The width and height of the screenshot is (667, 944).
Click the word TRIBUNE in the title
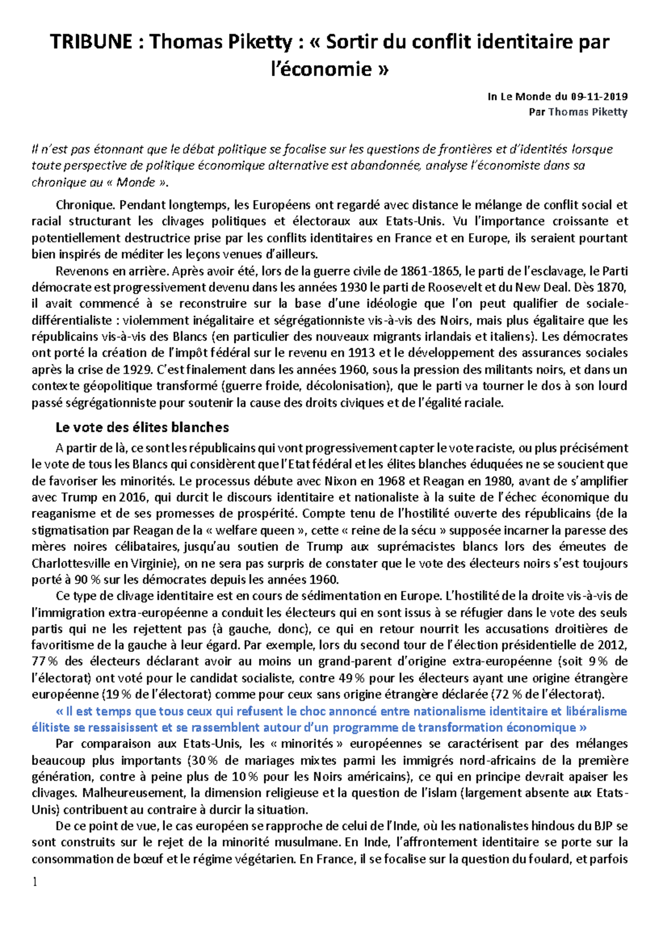click(x=91, y=42)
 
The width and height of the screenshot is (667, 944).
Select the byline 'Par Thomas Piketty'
click(x=578, y=112)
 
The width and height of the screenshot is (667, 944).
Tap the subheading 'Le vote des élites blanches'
click(x=142, y=427)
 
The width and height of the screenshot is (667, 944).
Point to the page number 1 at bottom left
click(x=35, y=882)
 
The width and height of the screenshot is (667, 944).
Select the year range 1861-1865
click(x=430, y=271)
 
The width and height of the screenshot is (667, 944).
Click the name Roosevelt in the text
click(x=455, y=287)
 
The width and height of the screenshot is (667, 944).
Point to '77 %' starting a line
click(x=44, y=662)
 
